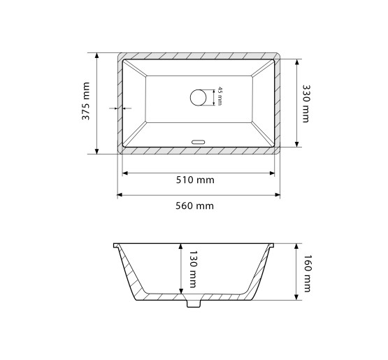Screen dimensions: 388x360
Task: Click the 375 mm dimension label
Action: click(x=85, y=101)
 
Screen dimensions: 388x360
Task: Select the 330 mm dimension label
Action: click(x=306, y=103)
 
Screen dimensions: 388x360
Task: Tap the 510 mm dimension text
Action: click(x=195, y=180)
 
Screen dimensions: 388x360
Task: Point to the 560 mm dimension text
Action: click(x=194, y=206)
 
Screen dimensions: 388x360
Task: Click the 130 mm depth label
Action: click(x=193, y=269)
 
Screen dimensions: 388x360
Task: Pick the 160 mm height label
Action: click(x=307, y=273)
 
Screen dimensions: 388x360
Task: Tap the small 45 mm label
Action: click(x=220, y=96)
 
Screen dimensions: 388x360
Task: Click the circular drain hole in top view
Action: click(x=199, y=97)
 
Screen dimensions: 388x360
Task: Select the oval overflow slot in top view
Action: click(x=199, y=142)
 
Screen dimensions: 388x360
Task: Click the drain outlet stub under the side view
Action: click(x=194, y=303)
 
